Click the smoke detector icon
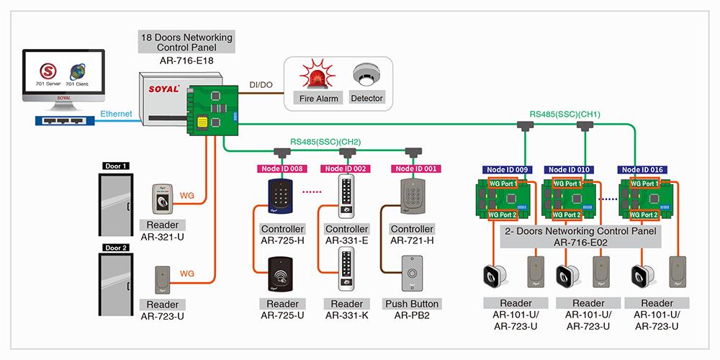(366, 75)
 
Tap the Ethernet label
(116, 114)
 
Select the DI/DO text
(260, 85)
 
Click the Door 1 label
(116, 166)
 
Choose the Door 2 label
(116, 248)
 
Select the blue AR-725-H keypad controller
(281, 196)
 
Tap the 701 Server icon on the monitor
(49, 72)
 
